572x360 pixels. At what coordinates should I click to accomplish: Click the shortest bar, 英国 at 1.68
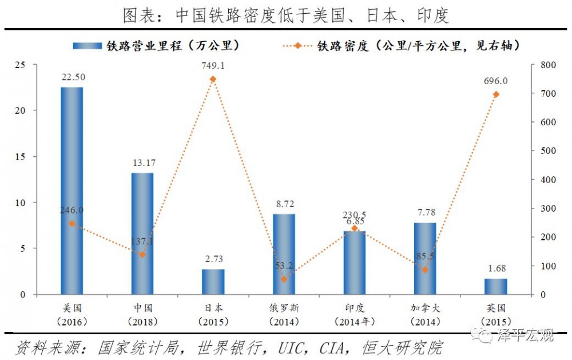pyautogui.click(x=496, y=287)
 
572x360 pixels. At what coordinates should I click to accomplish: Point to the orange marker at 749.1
pyautogui.click(x=213, y=79)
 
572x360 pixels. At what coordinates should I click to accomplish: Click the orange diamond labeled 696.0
pyautogui.click(x=496, y=94)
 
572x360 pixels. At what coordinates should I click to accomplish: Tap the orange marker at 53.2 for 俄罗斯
pyautogui.click(x=284, y=279)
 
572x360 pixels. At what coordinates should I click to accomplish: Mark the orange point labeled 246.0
pyautogui.click(x=72, y=224)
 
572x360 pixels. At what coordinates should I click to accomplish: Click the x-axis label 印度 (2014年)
pyautogui.click(x=354, y=314)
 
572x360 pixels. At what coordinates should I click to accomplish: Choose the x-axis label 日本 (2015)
pyautogui.click(x=213, y=314)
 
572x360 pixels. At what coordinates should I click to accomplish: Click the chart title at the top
pyautogui.click(x=286, y=15)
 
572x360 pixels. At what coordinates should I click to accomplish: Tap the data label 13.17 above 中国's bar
pyautogui.click(x=142, y=164)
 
